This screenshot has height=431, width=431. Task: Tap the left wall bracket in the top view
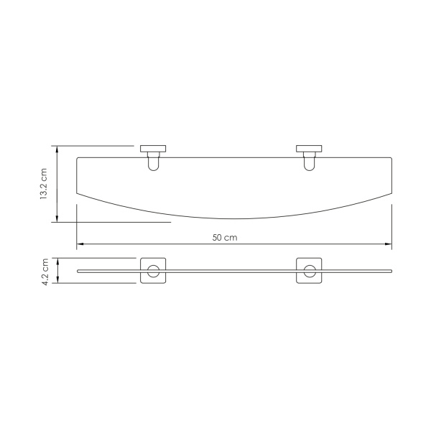click(152, 150)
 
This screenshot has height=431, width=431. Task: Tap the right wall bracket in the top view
click(309, 150)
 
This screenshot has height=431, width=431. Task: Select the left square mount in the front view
click(152, 272)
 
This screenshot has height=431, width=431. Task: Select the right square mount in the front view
click(309, 272)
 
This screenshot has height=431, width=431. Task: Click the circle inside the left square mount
click(152, 272)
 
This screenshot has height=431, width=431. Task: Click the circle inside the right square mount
click(309, 272)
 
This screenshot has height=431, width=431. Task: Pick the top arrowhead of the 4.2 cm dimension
click(56, 260)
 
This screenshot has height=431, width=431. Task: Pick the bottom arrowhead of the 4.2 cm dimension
click(56, 282)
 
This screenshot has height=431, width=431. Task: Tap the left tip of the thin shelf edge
click(78, 272)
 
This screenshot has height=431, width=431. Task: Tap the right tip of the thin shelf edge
click(391, 272)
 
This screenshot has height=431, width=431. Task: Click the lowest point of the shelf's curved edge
click(233, 218)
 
